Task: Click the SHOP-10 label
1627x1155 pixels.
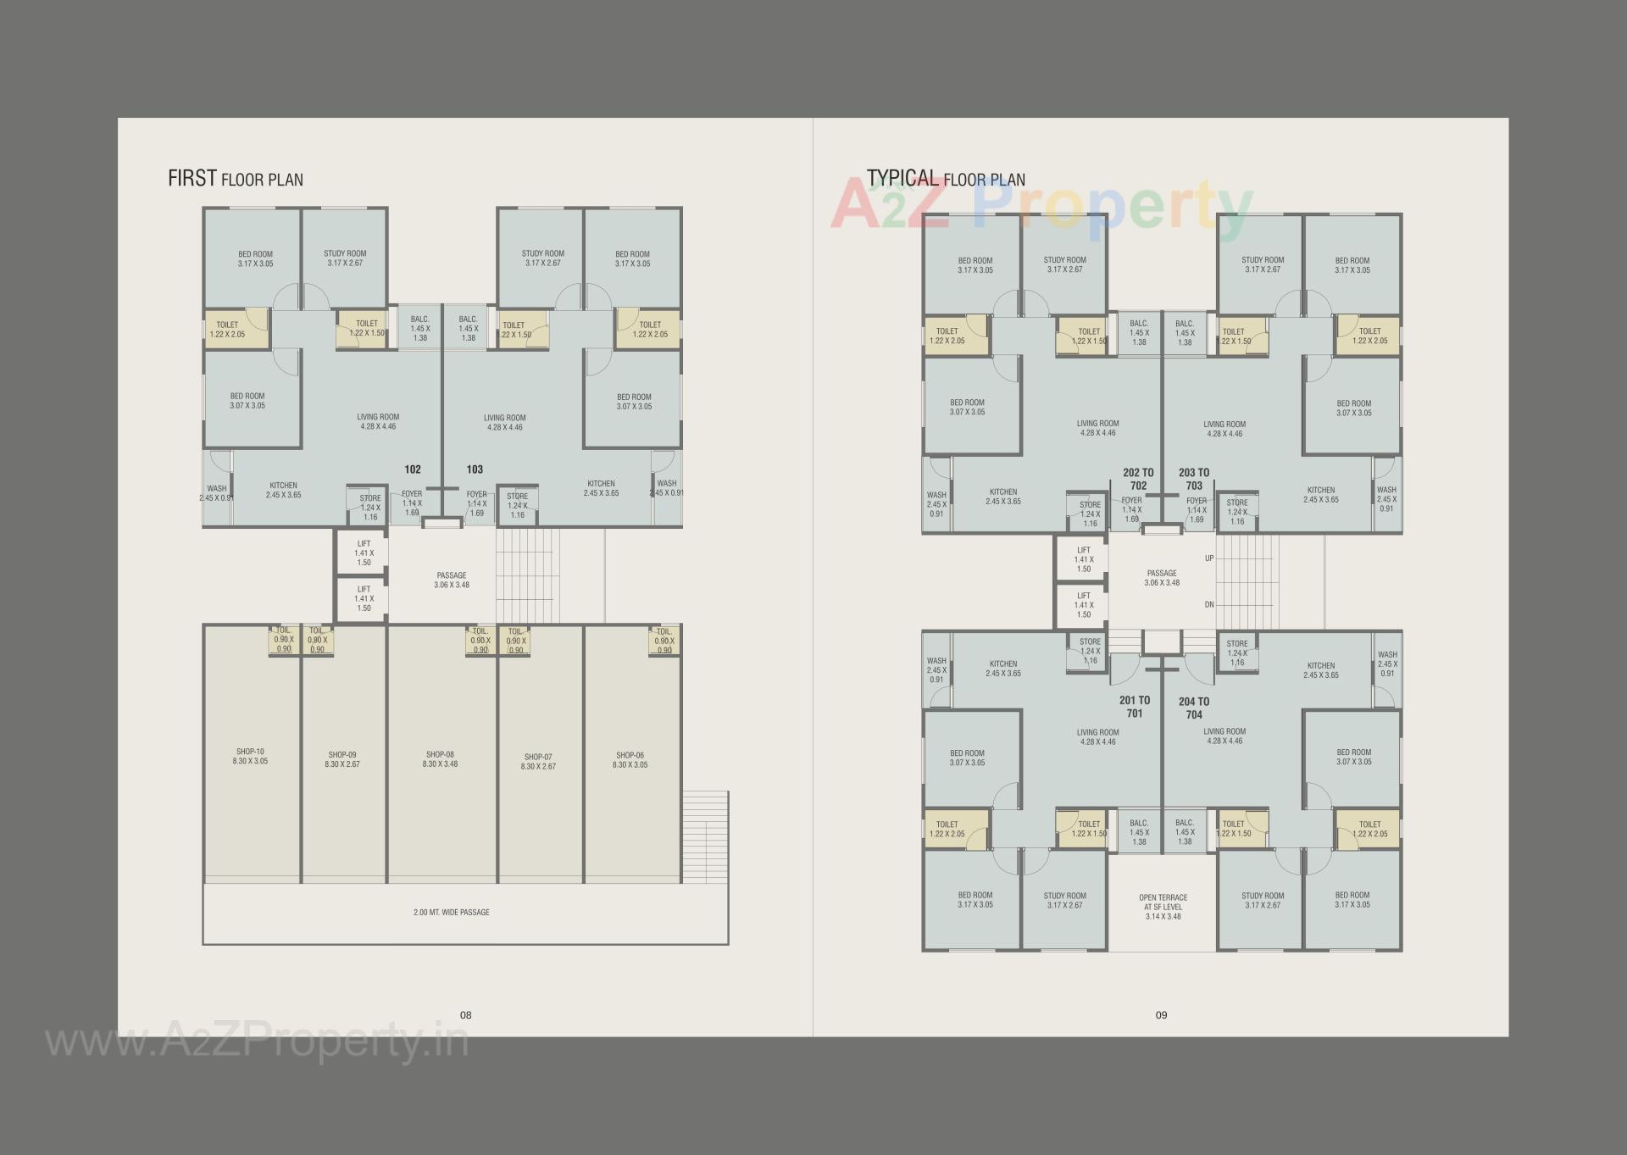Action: [x=250, y=752]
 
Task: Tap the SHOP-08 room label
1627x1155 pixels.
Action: [x=440, y=754]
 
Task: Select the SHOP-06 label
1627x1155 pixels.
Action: [x=630, y=755]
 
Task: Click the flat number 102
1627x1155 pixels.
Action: [x=413, y=469]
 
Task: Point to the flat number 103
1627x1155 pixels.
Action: [x=475, y=469]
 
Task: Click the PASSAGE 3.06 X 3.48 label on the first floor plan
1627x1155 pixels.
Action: [x=452, y=580]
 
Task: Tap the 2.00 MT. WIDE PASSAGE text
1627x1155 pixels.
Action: [x=451, y=913]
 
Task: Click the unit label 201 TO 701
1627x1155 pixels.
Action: [x=1135, y=707]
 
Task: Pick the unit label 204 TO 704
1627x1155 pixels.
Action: [x=1194, y=708]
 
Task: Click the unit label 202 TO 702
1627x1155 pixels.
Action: [x=1138, y=479]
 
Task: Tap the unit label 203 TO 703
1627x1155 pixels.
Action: [x=1194, y=479]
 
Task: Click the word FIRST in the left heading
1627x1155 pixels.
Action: [x=192, y=179]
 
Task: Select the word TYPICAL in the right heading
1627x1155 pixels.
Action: [x=902, y=178]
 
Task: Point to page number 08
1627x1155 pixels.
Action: [x=465, y=1015]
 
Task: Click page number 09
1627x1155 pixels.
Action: [x=1161, y=1015]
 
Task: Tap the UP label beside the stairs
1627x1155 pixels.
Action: [x=1209, y=558]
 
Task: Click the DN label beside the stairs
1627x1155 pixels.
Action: [x=1209, y=605]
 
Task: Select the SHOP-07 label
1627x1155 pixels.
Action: [x=538, y=758]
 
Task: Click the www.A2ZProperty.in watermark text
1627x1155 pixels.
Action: [x=256, y=1041]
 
